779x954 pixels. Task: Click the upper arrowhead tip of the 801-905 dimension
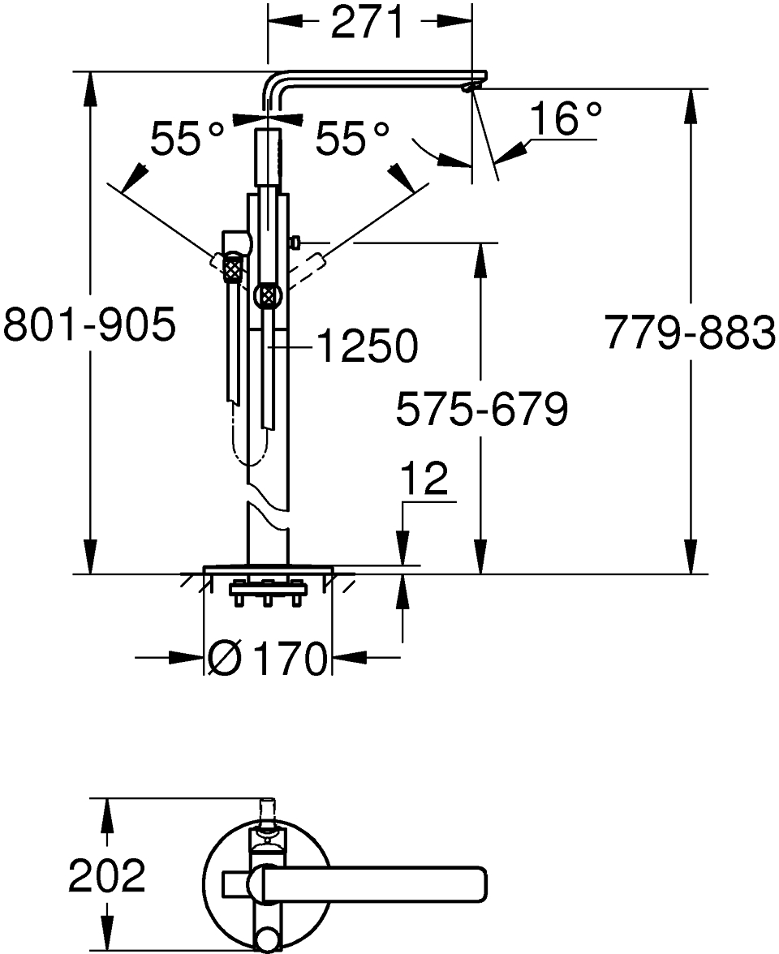[90, 72]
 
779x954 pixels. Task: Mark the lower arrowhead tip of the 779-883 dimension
[692, 573]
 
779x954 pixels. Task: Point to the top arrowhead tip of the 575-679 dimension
[480, 243]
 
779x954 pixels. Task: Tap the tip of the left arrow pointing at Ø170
[203, 657]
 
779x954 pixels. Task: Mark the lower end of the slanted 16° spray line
[498, 181]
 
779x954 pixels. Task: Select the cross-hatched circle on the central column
[269, 296]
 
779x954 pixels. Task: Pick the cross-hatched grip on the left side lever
[232, 269]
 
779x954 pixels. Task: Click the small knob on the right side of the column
[295, 243]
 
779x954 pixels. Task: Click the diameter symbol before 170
[223, 658]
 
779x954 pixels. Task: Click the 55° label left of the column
[187, 138]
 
